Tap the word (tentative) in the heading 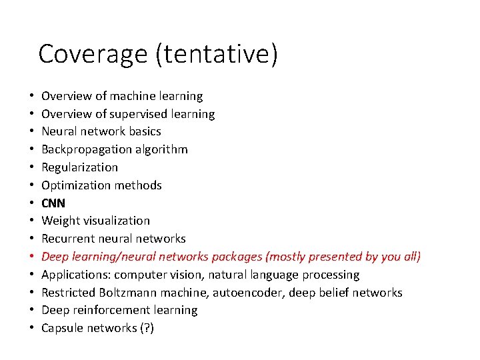pyautogui.click(x=216, y=54)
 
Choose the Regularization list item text pyautogui.click(x=79, y=167)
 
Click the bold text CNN pyautogui.click(x=53, y=203)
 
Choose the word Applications pyautogui.click(x=76, y=275)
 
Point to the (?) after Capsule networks pyautogui.click(x=145, y=328)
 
